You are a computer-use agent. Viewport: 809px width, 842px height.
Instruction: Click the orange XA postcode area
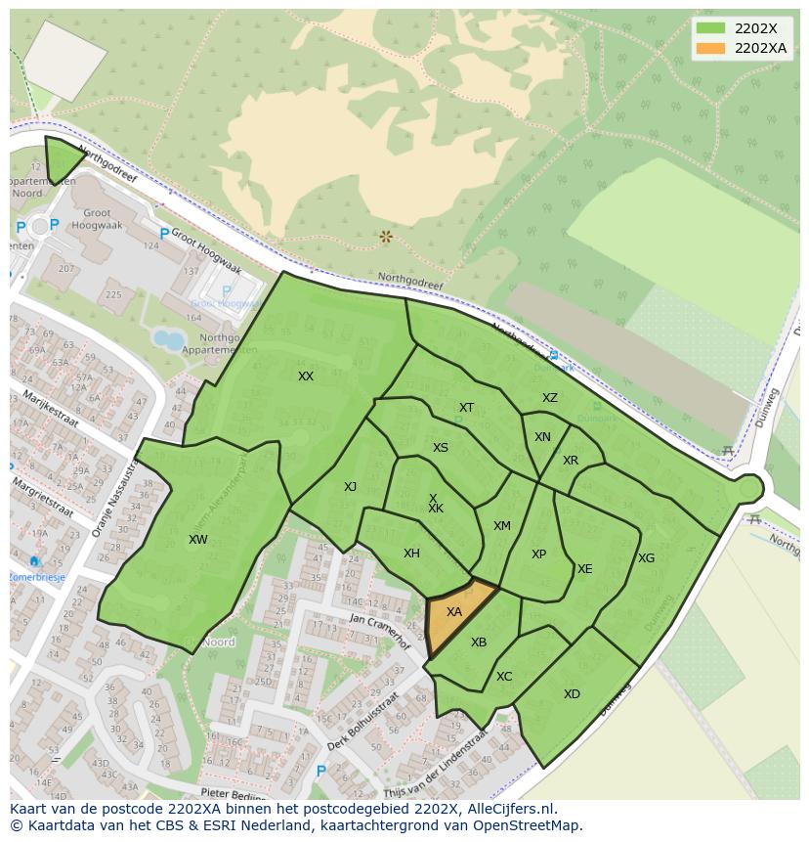click(454, 614)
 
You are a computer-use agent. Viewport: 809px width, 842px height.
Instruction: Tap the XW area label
click(198, 540)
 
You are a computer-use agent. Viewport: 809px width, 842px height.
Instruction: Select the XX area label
click(306, 377)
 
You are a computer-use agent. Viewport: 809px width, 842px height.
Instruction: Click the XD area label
click(572, 694)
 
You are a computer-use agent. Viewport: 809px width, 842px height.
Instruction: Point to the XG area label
click(646, 558)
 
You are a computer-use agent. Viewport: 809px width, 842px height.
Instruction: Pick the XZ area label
click(550, 398)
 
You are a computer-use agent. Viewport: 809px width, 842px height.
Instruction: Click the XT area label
click(466, 408)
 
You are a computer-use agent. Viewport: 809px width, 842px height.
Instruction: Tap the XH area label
click(411, 554)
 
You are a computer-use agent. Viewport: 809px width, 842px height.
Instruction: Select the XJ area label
click(350, 487)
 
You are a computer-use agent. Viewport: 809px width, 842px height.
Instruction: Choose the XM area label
click(501, 526)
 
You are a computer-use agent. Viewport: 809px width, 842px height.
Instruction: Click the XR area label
click(571, 461)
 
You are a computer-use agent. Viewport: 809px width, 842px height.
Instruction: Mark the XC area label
click(504, 677)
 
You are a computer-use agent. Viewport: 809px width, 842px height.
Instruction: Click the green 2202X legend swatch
click(710, 28)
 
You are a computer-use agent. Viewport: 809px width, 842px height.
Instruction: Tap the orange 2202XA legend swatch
click(710, 48)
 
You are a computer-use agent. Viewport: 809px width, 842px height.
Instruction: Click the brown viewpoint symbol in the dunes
click(386, 237)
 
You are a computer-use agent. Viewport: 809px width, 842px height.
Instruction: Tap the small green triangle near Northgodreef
click(62, 158)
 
